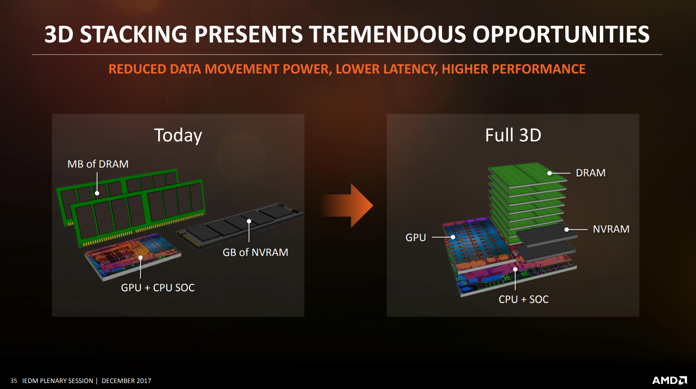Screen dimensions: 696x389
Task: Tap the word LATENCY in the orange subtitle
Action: point(387,69)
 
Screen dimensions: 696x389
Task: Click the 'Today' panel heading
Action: point(178,135)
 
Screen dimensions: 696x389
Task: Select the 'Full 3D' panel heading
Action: point(513,135)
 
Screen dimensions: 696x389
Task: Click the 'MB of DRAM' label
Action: point(98,164)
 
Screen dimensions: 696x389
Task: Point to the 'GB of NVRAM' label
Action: point(255,252)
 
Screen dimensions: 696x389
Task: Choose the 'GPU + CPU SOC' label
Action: point(158,288)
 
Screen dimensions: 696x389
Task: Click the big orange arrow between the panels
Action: point(347,205)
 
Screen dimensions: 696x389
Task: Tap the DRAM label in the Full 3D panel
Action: point(591,173)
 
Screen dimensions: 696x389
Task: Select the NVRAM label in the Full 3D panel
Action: point(611,229)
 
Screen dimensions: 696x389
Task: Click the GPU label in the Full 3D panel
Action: point(416,237)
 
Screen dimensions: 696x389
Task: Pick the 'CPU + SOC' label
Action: point(524,299)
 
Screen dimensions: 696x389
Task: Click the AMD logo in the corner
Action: point(669,380)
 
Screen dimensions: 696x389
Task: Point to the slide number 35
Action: point(14,381)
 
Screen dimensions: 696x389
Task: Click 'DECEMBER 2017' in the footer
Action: point(126,381)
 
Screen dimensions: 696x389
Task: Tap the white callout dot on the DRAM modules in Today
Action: point(97,193)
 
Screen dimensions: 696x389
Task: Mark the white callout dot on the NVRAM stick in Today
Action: point(249,221)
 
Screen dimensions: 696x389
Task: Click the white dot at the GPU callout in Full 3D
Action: point(453,237)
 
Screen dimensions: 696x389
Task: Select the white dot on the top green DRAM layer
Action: point(550,173)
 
